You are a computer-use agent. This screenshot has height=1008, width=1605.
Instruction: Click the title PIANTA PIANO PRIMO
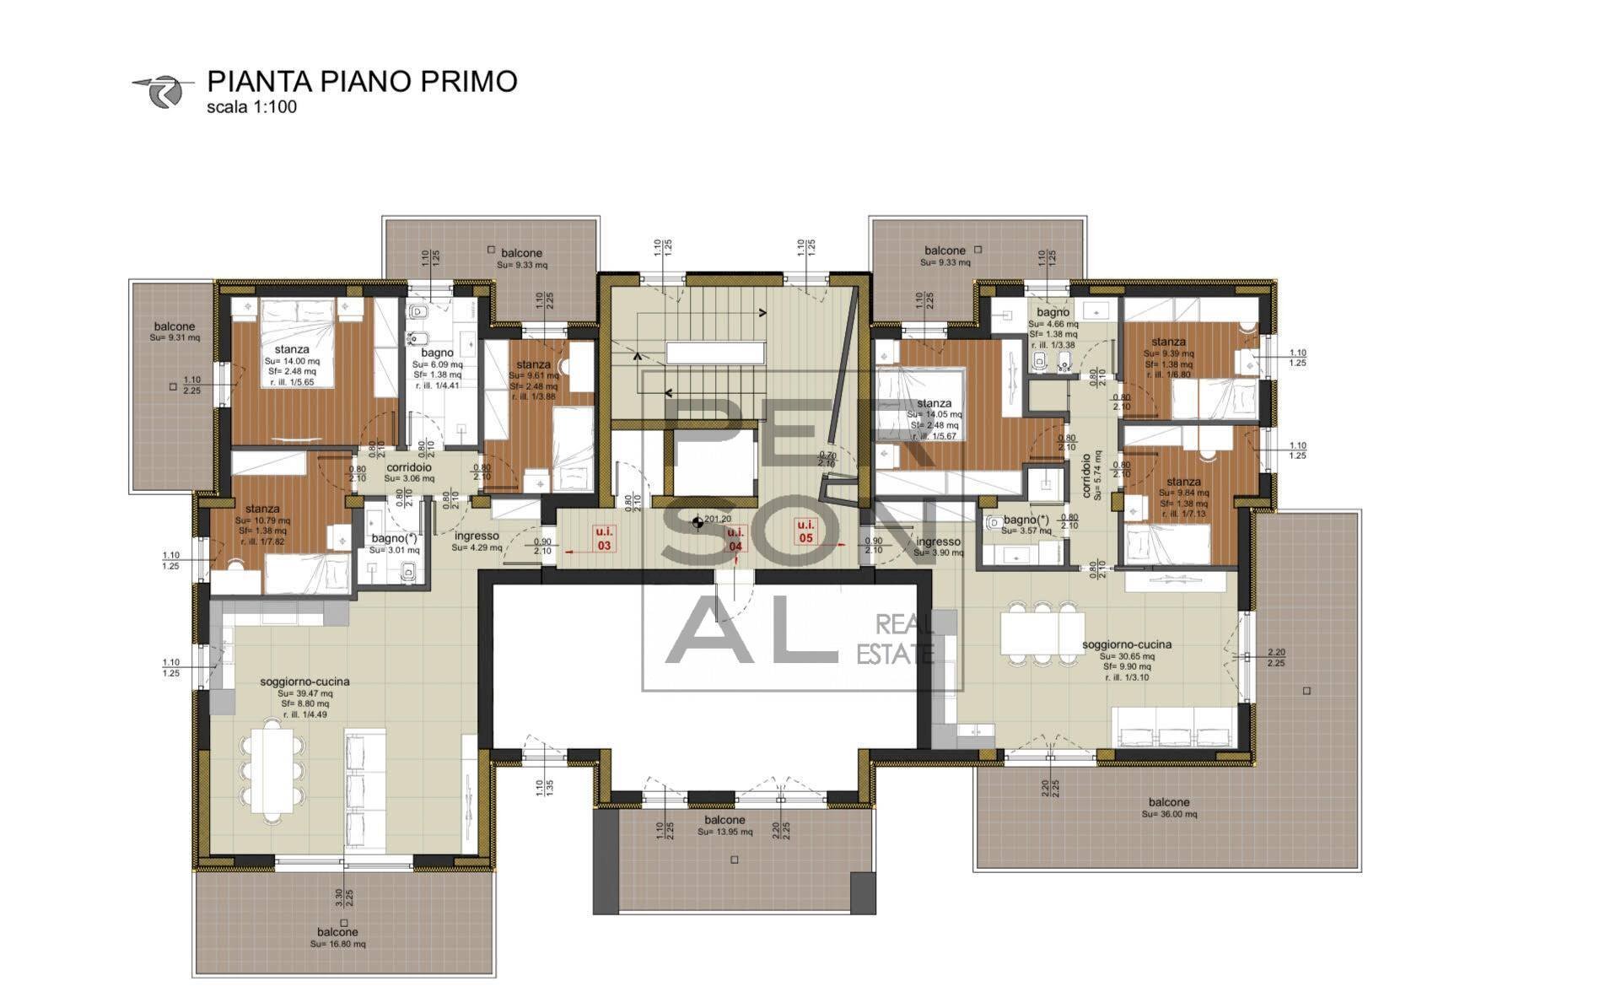pos(362,82)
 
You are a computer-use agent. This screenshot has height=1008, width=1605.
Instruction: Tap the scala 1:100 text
pos(251,108)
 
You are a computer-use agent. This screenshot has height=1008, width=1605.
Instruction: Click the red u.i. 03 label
pos(604,539)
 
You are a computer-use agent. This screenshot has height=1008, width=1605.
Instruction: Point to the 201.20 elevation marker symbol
pos(697,523)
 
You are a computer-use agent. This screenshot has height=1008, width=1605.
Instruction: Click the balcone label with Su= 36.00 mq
pos(1169,802)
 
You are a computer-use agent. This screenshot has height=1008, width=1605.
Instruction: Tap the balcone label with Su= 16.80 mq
pos(337,932)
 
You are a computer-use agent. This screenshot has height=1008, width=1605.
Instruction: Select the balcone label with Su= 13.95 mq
pos(724,820)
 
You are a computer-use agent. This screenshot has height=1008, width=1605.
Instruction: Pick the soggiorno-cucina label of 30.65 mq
pos(1126,644)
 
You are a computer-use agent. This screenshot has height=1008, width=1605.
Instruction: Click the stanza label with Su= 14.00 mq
pos(292,349)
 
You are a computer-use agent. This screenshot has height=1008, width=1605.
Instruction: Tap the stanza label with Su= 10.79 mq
pos(263,509)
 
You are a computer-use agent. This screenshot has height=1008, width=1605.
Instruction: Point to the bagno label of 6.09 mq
pos(438,353)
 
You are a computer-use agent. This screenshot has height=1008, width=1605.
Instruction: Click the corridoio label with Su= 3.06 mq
pos(409,467)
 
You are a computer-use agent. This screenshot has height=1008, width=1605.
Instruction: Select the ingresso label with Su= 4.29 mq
pos(477,536)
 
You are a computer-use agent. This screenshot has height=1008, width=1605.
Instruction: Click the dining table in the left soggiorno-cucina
pos(272,769)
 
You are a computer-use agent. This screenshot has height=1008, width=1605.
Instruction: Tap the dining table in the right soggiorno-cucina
pos(1042,633)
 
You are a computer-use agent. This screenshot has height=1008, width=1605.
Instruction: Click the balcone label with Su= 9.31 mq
pos(175,326)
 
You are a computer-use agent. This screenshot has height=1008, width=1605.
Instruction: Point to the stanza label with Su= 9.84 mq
pos(1184,482)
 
